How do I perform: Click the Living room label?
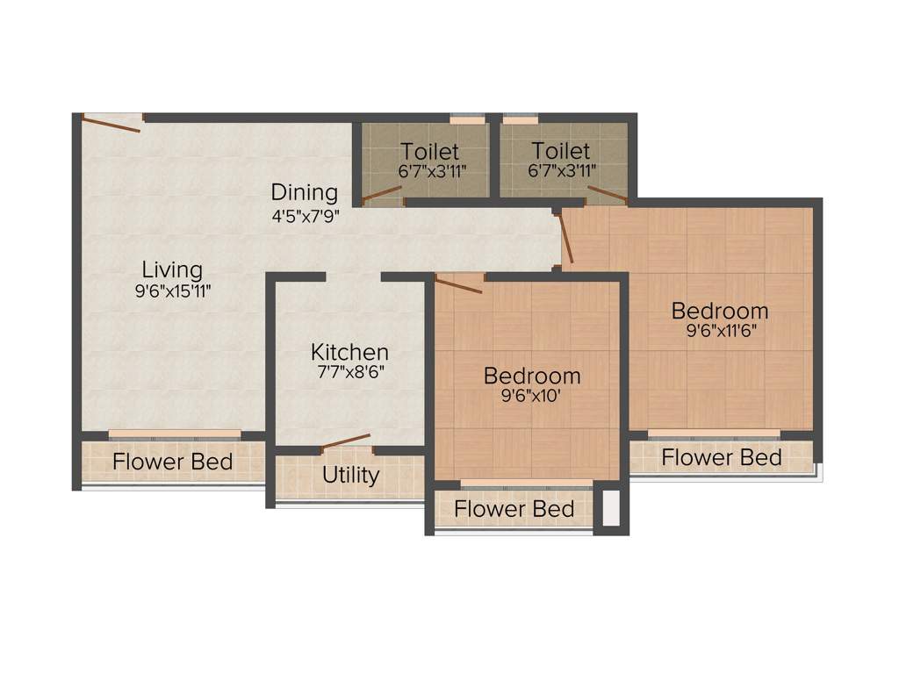tap(173, 269)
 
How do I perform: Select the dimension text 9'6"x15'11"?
tap(173, 291)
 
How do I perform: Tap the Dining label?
tap(304, 191)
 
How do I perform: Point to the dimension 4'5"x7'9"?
tap(304, 213)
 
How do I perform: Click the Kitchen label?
tap(349, 352)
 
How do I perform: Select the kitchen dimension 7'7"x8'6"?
tap(349, 371)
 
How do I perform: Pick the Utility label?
tap(350, 475)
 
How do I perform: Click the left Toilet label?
tap(430, 151)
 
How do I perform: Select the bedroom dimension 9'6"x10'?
tap(532, 396)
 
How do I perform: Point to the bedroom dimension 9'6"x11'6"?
tap(720, 331)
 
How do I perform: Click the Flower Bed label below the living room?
tap(173, 461)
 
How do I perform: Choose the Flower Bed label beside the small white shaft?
tap(514, 508)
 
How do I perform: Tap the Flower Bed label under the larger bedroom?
tap(722, 457)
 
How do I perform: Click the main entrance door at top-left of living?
tap(111, 123)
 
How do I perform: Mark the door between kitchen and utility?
tap(344, 441)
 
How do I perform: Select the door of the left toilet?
tap(381, 195)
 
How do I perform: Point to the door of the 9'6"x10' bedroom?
tap(458, 283)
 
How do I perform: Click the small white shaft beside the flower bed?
tap(611, 508)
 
